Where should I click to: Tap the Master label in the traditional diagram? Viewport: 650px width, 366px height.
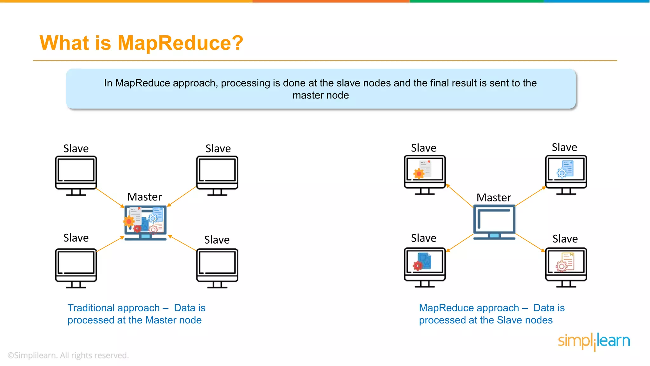click(x=144, y=197)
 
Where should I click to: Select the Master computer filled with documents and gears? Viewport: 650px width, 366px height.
click(x=145, y=222)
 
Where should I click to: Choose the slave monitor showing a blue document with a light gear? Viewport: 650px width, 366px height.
click(x=566, y=174)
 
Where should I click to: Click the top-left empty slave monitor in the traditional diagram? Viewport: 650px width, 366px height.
click(x=76, y=175)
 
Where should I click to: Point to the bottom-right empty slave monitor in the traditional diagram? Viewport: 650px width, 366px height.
click(x=217, y=268)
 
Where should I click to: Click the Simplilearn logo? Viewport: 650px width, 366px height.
click(x=594, y=341)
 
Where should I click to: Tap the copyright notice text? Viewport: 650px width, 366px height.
click(x=68, y=355)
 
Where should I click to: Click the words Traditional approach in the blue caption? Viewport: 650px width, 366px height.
click(x=114, y=308)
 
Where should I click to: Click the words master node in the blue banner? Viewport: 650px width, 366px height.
click(x=321, y=95)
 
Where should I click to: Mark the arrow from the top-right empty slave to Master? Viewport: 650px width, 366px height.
click(x=182, y=196)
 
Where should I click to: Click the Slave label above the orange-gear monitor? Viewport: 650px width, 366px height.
click(x=423, y=148)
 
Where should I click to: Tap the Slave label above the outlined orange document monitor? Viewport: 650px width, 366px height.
click(x=565, y=239)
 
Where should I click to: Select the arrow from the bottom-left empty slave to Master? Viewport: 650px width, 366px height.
click(x=110, y=244)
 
